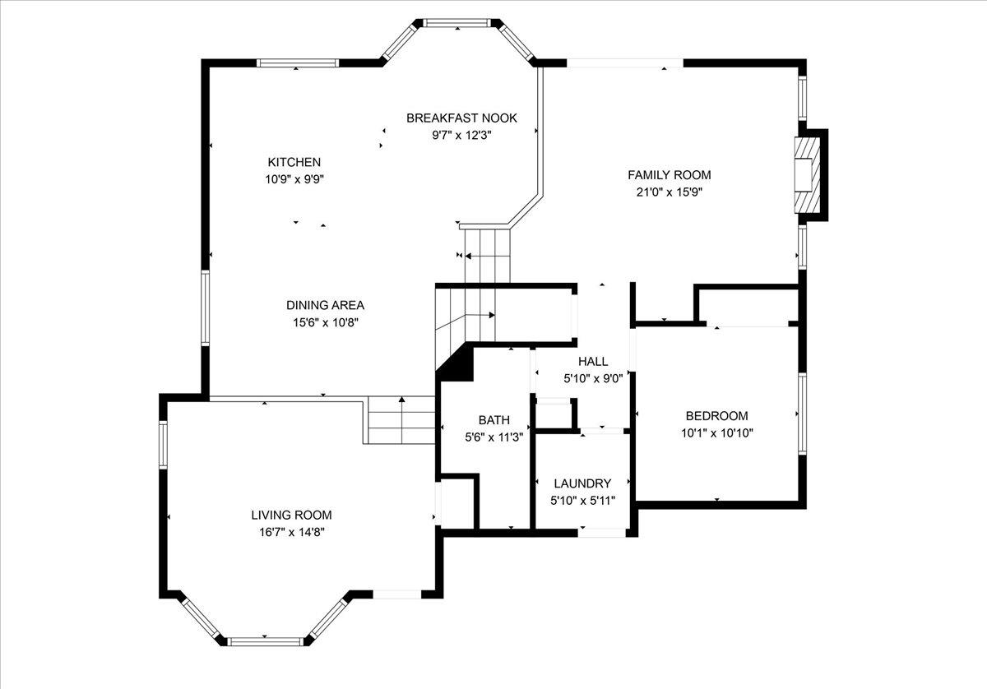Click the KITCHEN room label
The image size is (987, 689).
tap(294, 162)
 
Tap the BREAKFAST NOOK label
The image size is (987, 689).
tap(461, 118)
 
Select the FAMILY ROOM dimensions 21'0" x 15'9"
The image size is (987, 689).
tap(669, 192)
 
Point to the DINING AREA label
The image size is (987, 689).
tap(325, 305)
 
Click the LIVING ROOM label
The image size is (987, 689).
tap(291, 516)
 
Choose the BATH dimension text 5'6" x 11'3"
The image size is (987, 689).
tap(493, 437)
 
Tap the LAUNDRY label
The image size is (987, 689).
tap(582, 483)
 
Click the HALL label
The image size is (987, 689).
tap(592, 362)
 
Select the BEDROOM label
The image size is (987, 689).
tap(717, 416)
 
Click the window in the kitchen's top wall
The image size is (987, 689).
tap(297, 62)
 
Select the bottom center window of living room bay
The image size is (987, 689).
tap(265, 640)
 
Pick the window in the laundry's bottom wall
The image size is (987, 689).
tap(602, 533)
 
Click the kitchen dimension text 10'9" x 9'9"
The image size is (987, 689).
tap(294, 178)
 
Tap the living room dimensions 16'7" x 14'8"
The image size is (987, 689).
tap(291, 532)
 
